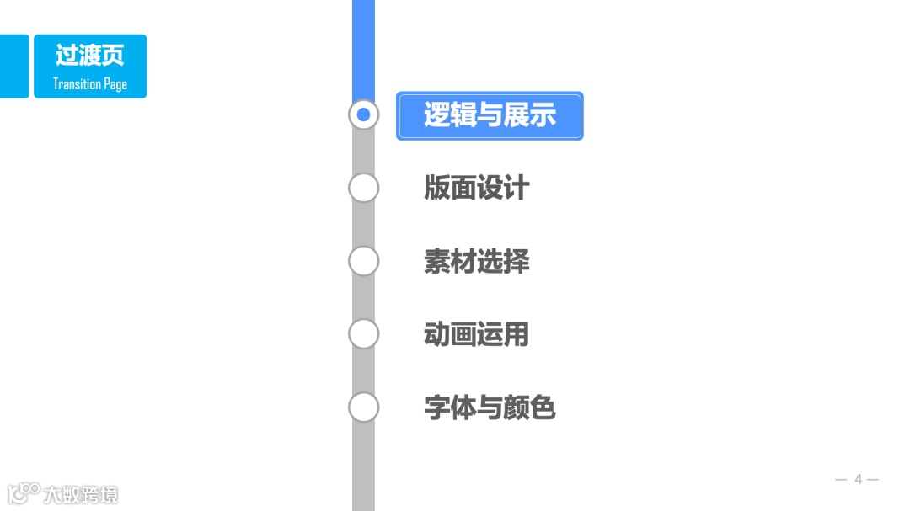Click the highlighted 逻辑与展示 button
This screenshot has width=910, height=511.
point(490,115)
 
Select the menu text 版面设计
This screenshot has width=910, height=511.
point(476,188)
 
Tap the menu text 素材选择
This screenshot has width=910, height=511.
point(476,262)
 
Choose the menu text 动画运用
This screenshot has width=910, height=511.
point(476,334)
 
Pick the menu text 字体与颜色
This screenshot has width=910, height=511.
point(490,408)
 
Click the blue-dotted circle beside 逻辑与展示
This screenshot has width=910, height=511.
point(363,114)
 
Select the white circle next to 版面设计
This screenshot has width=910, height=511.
point(363,188)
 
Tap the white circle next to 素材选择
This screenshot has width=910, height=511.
point(363,261)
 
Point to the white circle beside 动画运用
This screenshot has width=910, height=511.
point(363,334)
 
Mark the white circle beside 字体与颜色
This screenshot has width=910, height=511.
point(363,407)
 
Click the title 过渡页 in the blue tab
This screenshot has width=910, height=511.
point(89,56)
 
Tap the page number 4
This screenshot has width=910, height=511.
point(858,480)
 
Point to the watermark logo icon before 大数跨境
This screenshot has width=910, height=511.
point(24,493)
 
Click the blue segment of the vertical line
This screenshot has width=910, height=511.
point(363,46)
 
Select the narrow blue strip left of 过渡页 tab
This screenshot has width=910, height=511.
point(13,67)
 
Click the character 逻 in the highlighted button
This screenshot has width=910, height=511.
point(435,115)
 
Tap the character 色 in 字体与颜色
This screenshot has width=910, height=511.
point(543,408)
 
